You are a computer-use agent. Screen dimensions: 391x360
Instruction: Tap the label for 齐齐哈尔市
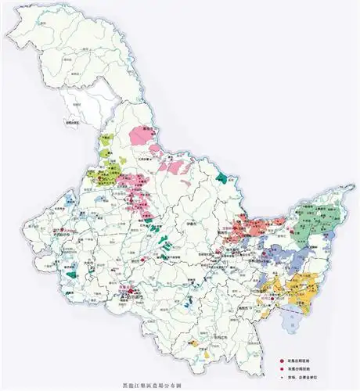(65, 232)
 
